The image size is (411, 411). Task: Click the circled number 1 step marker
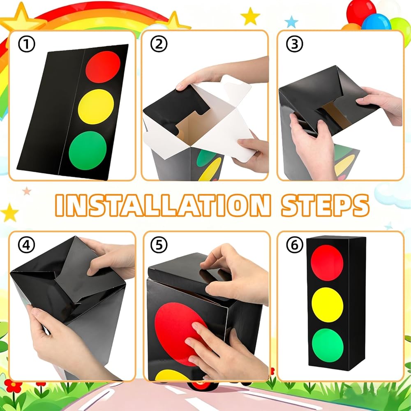(x=26, y=44)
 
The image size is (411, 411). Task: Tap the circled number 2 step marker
(x=159, y=44)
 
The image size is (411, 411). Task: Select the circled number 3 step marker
(x=294, y=44)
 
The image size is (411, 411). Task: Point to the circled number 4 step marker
(x=26, y=245)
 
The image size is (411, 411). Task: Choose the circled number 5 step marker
(x=159, y=245)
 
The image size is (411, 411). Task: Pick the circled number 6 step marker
(x=294, y=245)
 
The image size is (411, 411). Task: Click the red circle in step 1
(x=103, y=67)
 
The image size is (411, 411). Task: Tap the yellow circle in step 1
(x=96, y=107)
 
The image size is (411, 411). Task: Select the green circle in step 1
(x=88, y=150)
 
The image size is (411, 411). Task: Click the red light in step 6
(x=327, y=263)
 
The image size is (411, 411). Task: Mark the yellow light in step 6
(x=328, y=305)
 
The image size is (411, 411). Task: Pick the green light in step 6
(x=328, y=345)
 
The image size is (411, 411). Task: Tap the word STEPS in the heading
(x=325, y=205)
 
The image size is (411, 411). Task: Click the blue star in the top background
(x=291, y=22)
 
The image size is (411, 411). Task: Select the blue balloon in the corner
(x=376, y=22)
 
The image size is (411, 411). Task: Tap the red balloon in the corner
(x=361, y=12)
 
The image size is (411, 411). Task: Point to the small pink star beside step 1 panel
(x=26, y=191)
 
